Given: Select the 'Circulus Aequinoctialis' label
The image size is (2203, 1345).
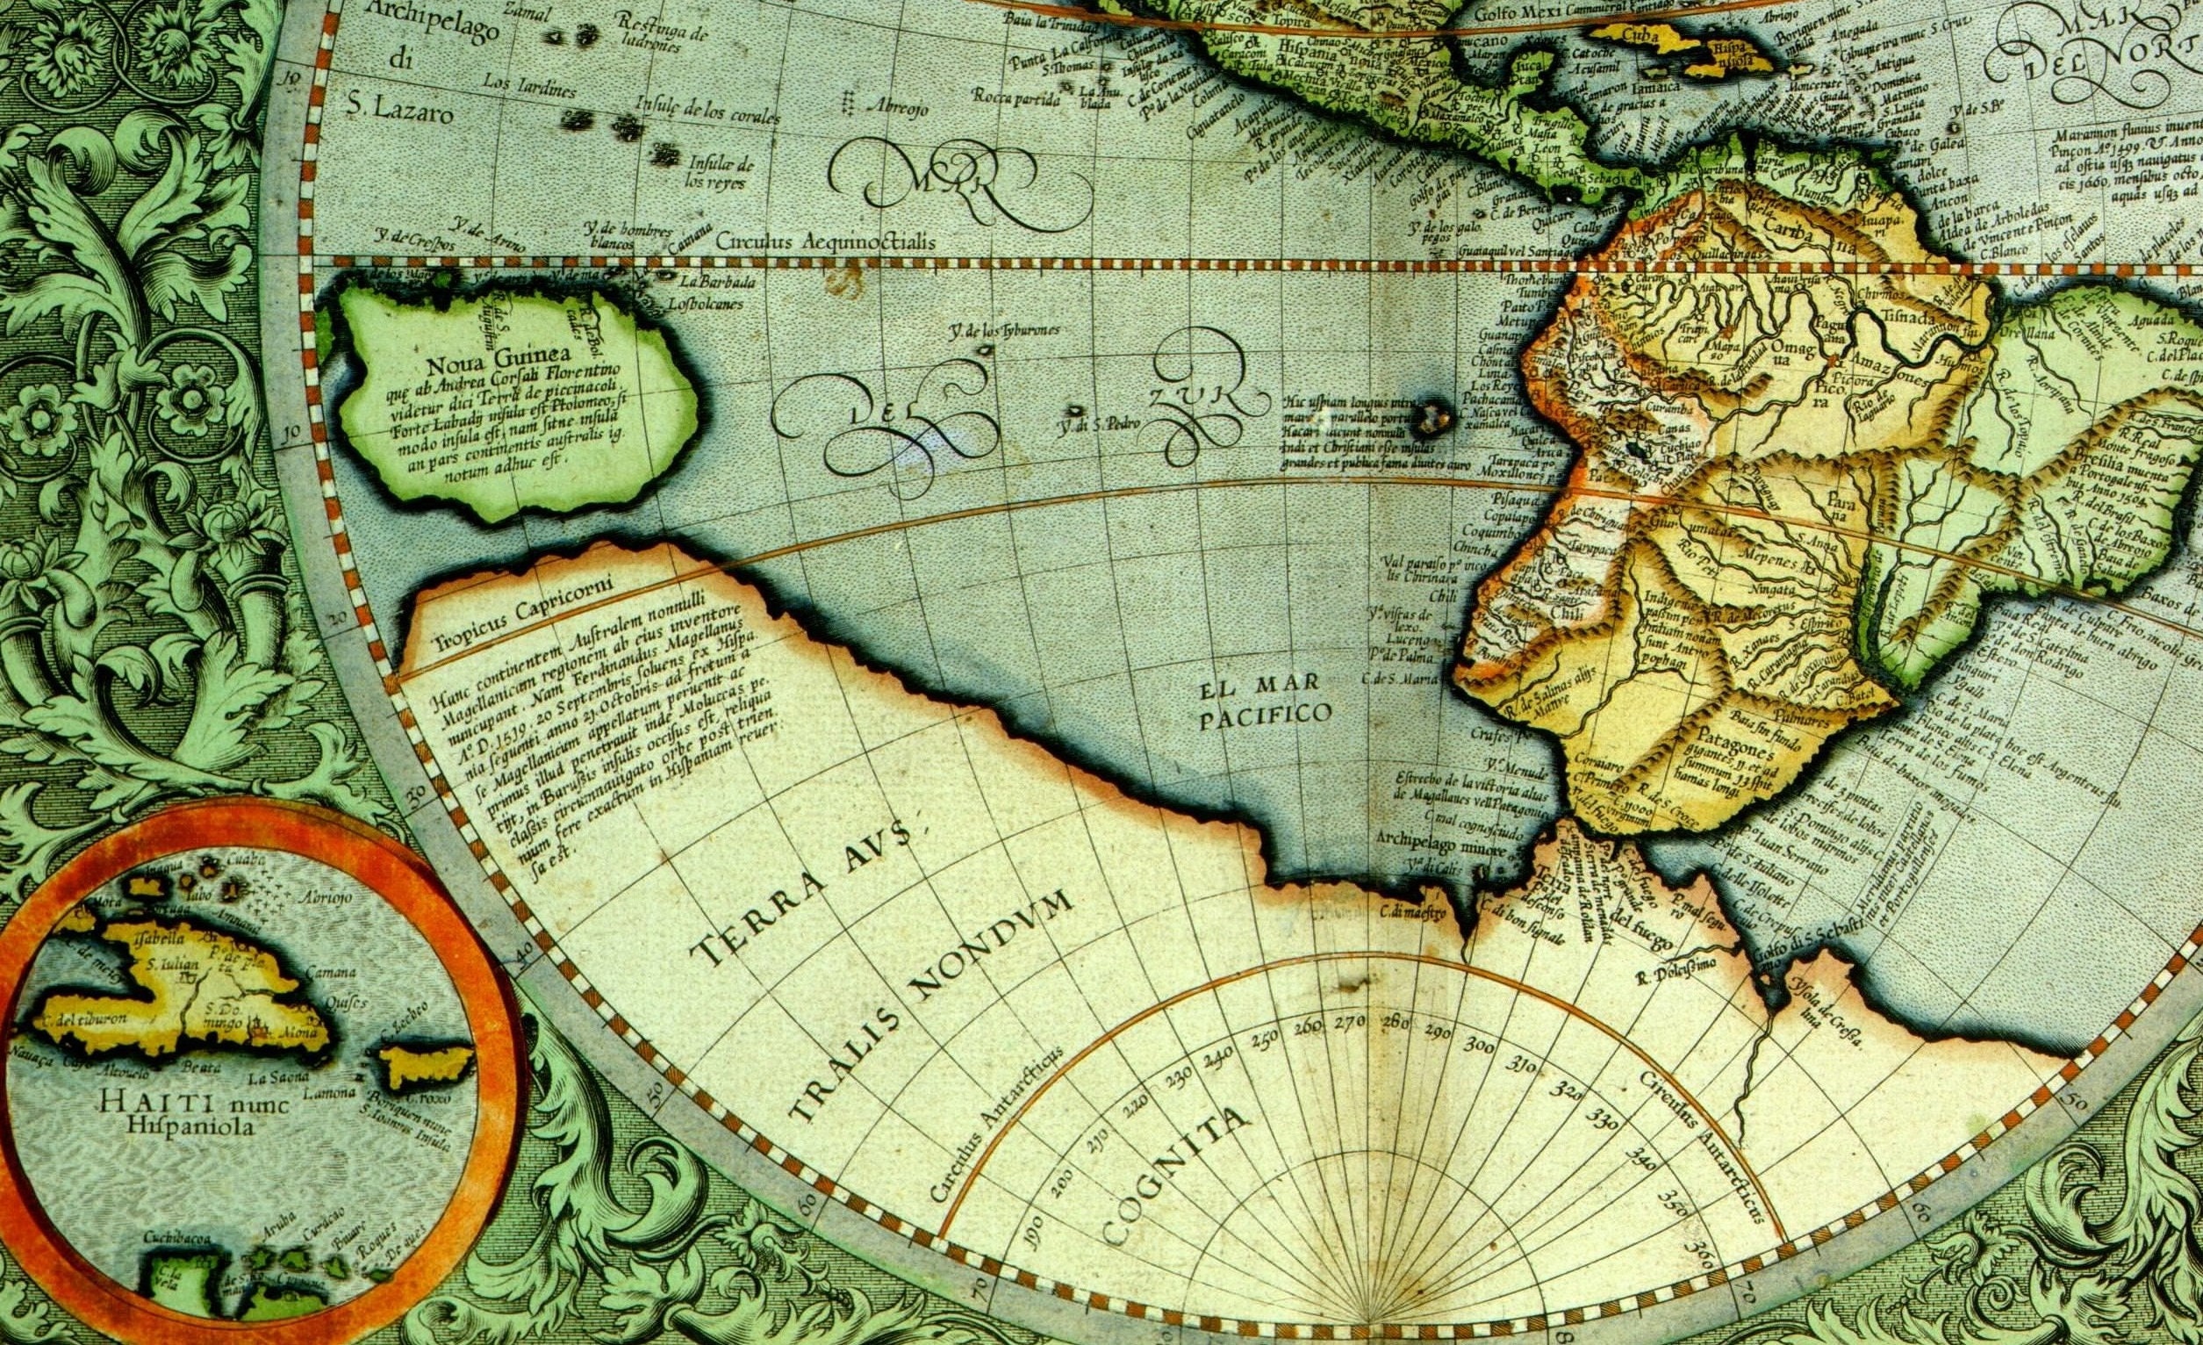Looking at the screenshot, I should (x=825, y=241).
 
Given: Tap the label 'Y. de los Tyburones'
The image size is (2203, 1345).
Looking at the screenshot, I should (x=1003, y=330).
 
